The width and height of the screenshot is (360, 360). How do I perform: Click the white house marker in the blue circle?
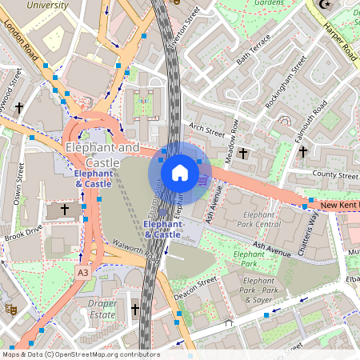pos(180,173)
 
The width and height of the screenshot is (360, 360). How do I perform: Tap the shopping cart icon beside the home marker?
pos(203,181)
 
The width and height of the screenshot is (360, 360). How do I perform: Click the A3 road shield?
pos(83,273)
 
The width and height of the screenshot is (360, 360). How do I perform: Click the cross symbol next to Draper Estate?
pos(135,309)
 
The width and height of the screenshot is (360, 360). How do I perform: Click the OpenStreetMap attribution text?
pos(81,354)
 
